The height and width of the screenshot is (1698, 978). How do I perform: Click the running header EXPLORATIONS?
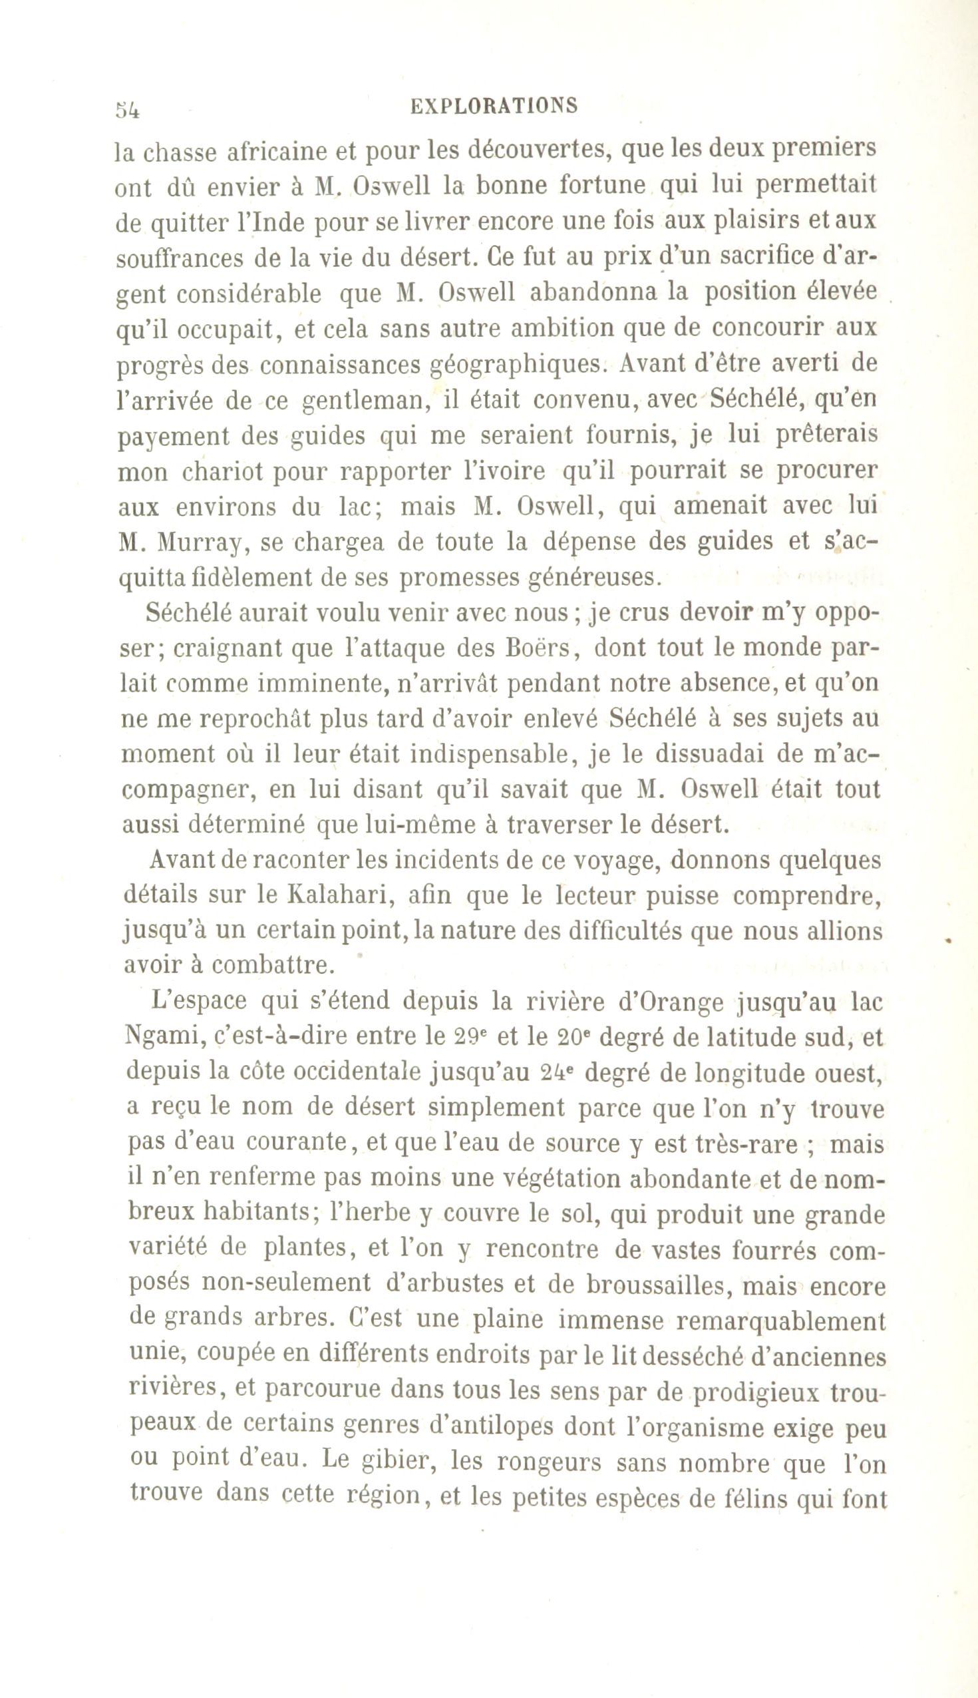[494, 106]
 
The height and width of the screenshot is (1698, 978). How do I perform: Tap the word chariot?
[222, 471]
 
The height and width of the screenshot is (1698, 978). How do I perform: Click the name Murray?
[199, 542]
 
